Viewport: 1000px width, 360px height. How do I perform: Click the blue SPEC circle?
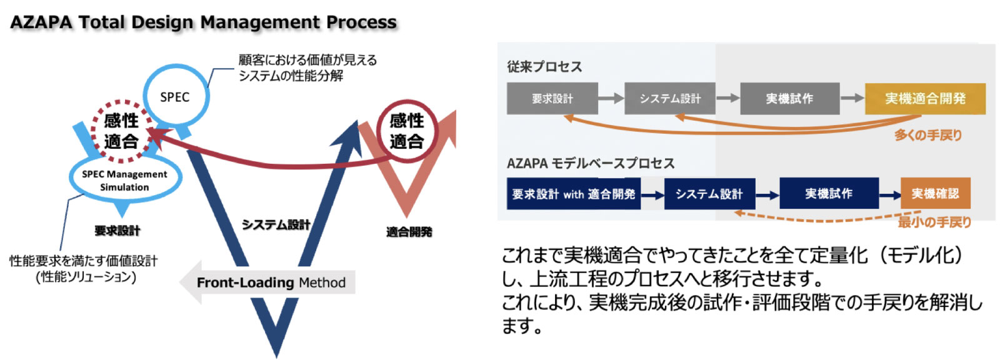174,96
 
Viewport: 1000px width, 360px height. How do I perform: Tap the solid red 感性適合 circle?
406,131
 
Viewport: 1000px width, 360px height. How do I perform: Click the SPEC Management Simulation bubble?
124,180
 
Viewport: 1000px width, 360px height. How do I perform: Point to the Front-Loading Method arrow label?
271,282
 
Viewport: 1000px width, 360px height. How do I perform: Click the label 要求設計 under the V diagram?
117,231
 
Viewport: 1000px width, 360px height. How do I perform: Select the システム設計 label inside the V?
276,224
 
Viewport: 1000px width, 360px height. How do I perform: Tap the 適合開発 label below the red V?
409,232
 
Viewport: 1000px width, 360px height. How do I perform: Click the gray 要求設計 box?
552,99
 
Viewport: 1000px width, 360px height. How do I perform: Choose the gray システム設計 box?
669,99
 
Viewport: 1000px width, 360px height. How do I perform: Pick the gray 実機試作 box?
789,99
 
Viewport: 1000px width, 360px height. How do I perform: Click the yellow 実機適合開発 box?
925,99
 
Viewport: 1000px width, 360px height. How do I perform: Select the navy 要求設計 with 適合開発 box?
573,194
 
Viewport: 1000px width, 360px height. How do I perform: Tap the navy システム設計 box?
709,194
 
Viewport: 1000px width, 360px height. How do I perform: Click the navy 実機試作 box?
829,194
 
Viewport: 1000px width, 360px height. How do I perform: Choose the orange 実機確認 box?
935,194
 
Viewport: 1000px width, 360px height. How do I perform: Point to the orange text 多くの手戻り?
927,135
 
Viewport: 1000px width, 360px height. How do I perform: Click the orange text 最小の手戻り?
934,222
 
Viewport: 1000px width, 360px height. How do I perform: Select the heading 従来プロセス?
544,67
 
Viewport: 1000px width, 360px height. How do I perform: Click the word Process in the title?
361,22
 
